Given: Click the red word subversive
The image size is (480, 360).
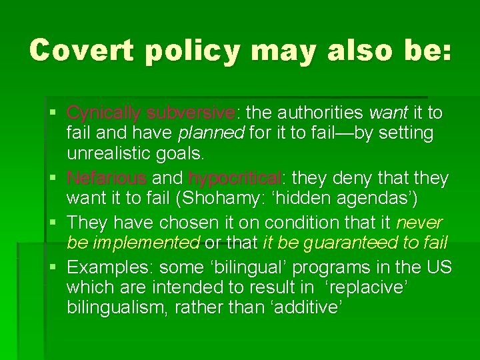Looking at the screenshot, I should (x=191, y=112).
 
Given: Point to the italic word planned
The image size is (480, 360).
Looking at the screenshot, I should (x=211, y=133).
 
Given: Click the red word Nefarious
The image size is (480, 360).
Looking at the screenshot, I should (x=107, y=178).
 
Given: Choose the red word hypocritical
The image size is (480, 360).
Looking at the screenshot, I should (x=235, y=178).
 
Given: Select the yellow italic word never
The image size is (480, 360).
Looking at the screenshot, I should (x=419, y=222).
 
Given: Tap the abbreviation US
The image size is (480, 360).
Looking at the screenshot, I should (x=439, y=267).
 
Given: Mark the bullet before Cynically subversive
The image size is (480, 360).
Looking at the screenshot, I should (x=57, y=112).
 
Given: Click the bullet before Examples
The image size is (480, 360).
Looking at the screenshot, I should (x=57, y=267).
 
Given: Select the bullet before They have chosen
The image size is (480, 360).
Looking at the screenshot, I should (x=57, y=222).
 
